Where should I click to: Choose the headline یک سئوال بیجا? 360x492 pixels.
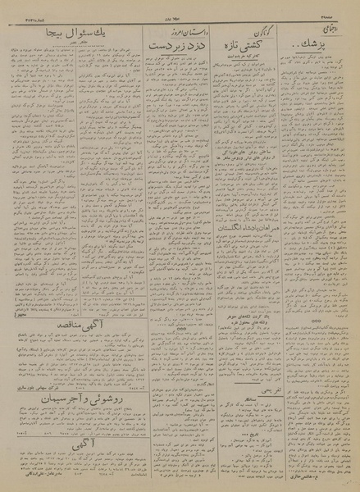[x=76, y=36]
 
